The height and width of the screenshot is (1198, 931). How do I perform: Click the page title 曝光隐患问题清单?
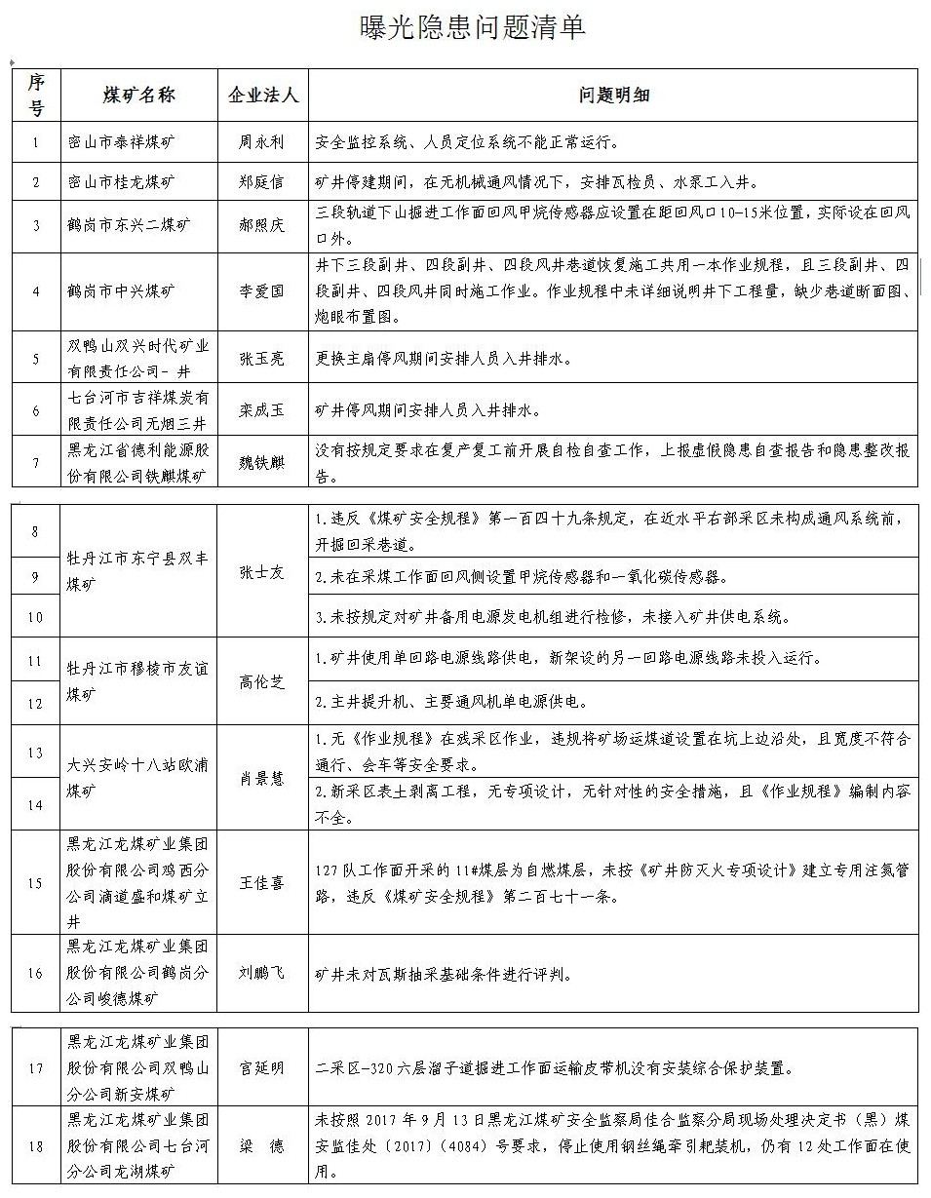tap(474, 28)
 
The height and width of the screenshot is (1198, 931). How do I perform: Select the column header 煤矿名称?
tap(137, 95)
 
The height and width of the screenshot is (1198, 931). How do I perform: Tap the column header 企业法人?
tap(262, 95)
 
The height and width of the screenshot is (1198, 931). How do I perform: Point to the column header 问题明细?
tap(613, 95)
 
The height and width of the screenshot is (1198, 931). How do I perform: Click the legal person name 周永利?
tap(261, 142)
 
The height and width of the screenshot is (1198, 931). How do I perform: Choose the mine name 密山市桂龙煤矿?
tap(122, 181)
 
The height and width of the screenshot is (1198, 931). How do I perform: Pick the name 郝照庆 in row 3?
tap(261, 225)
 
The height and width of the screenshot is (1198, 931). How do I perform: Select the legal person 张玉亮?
tap(261, 358)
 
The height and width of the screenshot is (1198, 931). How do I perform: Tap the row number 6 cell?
tap(36, 410)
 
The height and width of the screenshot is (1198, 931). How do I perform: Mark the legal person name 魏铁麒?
tap(261, 463)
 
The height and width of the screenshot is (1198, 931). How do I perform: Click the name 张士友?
tap(261, 572)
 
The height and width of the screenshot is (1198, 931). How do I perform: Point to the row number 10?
tap(36, 617)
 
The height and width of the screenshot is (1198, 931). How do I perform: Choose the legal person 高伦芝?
tap(261, 681)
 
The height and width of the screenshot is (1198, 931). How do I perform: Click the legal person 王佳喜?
tap(261, 883)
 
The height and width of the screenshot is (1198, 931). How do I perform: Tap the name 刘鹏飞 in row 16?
tap(261, 973)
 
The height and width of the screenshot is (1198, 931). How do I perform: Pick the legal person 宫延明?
tap(261, 1068)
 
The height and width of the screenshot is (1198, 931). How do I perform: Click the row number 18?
tap(36, 1146)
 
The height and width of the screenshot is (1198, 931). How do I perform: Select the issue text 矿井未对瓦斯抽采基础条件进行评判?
tap(444, 974)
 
